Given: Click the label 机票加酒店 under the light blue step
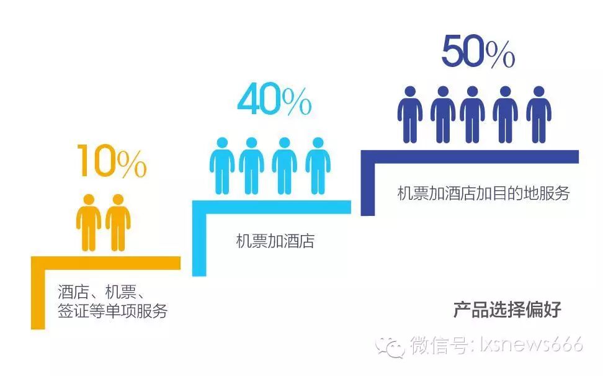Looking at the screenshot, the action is click(x=275, y=241).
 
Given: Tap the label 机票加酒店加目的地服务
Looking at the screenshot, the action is click(x=483, y=193).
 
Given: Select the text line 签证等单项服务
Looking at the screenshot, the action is click(x=112, y=311).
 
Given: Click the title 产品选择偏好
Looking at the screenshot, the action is click(x=507, y=309).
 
